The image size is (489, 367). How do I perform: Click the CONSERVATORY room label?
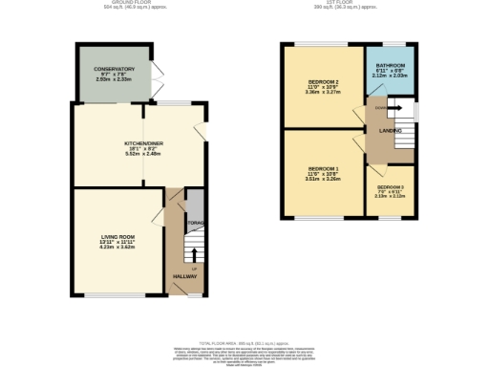(114, 70)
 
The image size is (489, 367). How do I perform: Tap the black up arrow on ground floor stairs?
(194, 255)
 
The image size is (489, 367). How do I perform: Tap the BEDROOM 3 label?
(390, 187)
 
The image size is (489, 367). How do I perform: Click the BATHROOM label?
(390, 66)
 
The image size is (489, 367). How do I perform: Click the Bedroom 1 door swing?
(357, 144)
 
